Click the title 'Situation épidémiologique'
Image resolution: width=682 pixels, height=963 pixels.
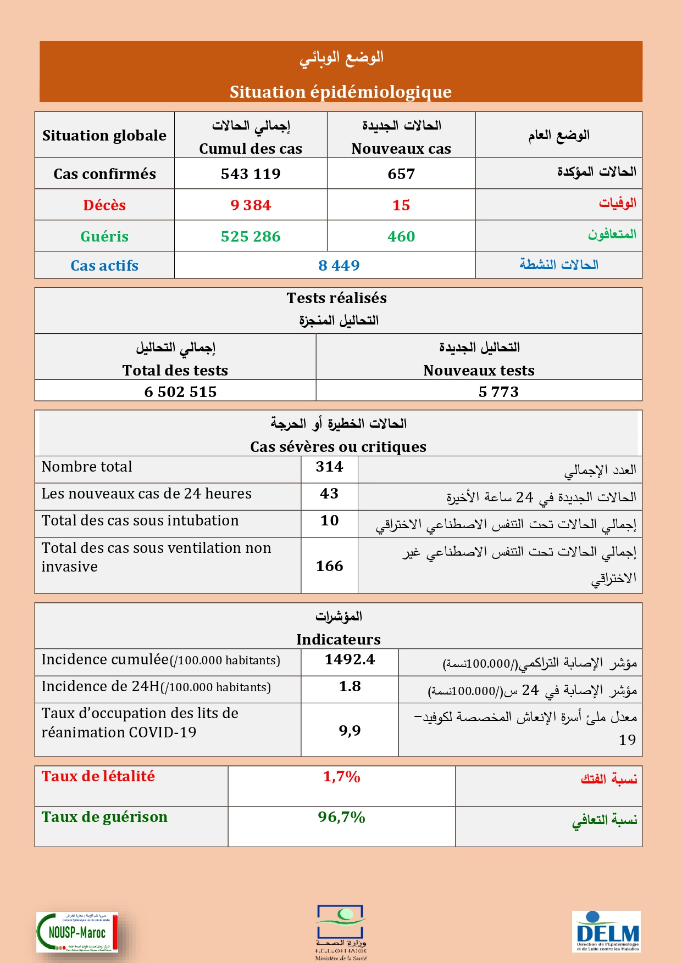tap(341, 92)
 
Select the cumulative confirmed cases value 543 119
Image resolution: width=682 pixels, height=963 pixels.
tap(251, 174)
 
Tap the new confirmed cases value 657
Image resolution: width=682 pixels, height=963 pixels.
tap(401, 174)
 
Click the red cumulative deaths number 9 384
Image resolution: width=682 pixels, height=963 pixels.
tap(251, 205)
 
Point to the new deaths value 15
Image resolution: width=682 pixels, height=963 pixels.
tap(401, 205)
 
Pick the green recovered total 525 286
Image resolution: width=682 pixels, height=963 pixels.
tap(251, 237)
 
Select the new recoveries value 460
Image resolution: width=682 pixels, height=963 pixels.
tap(401, 237)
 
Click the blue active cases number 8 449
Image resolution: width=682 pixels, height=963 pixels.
tap(339, 266)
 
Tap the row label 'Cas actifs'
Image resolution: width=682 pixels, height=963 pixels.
tap(104, 266)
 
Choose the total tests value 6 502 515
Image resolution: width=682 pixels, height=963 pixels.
tap(180, 392)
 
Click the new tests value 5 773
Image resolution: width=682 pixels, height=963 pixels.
tap(498, 392)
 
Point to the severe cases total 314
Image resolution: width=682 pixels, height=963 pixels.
tap(329, 467)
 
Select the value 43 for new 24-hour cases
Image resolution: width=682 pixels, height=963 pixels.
tap(329, 494)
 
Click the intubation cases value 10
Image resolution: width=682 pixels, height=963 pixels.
tap(329, 520)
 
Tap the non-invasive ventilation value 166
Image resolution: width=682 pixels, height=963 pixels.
tap(329, 566)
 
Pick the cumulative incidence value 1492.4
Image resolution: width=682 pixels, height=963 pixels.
tap(350, 659)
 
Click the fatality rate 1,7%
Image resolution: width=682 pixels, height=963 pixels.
tap(341, 777)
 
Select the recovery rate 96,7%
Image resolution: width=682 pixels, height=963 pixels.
tap(341, 818)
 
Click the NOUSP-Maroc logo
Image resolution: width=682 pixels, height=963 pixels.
tap(77, 932)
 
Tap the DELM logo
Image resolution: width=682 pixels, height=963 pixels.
tap(606, 931)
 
